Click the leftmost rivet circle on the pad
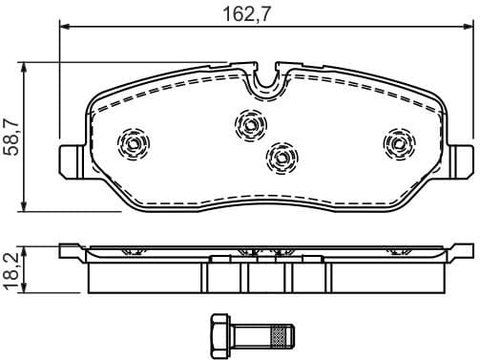134,144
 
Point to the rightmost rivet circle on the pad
397,143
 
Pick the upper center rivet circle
251,123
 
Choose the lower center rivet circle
280,156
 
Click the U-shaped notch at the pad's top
266,81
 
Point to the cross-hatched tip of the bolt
280,335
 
